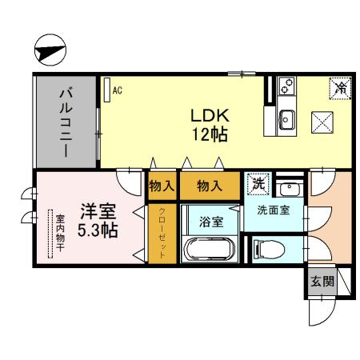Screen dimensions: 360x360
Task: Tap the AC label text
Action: (117, 90)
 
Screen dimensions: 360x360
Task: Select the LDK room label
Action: (210, 115)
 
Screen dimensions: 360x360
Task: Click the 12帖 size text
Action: (210, 134)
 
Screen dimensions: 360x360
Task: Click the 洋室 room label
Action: (98, 213)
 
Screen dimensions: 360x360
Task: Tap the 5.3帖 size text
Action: (98, 231)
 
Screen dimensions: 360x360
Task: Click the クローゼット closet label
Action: (162, 232)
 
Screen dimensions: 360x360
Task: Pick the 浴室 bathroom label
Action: (210, 222)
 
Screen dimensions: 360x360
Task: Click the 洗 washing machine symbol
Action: (258, 183)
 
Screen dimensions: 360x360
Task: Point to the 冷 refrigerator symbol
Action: (341, 86)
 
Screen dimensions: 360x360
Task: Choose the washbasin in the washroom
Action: (291, 190)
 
